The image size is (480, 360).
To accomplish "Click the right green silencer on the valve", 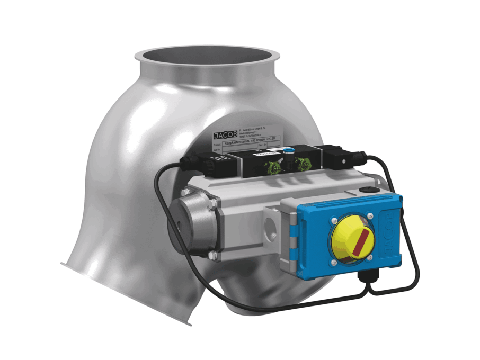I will point(304,165).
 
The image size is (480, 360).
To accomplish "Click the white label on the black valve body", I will point(262,155).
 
